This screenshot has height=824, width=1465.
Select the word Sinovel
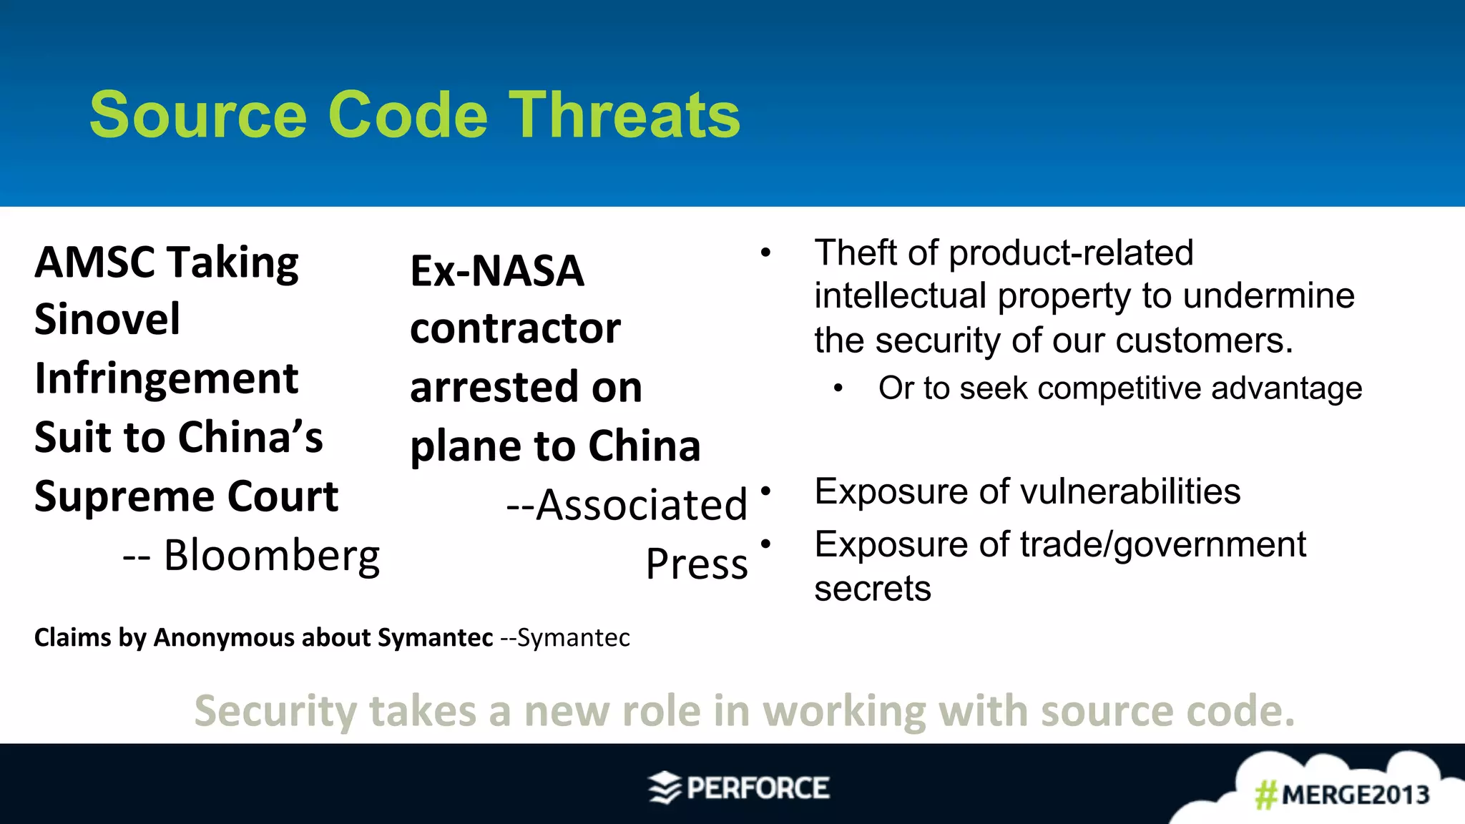coord(107,319)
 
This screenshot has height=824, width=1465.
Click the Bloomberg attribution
coord(272,555)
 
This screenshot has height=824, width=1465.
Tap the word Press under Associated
coord(697,564)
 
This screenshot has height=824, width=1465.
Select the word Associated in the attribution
coord(641,505)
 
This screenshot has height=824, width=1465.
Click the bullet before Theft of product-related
coord(765,252)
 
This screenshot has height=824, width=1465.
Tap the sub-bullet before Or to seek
coord(838,388)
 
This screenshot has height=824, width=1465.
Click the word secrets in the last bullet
coord(873,589)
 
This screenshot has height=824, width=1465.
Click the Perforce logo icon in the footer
coord(665,788)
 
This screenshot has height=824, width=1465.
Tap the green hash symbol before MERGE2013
coord(1266,795)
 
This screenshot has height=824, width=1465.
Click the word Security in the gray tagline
coord(275,711)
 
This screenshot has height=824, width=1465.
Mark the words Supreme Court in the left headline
coord(186,496)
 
